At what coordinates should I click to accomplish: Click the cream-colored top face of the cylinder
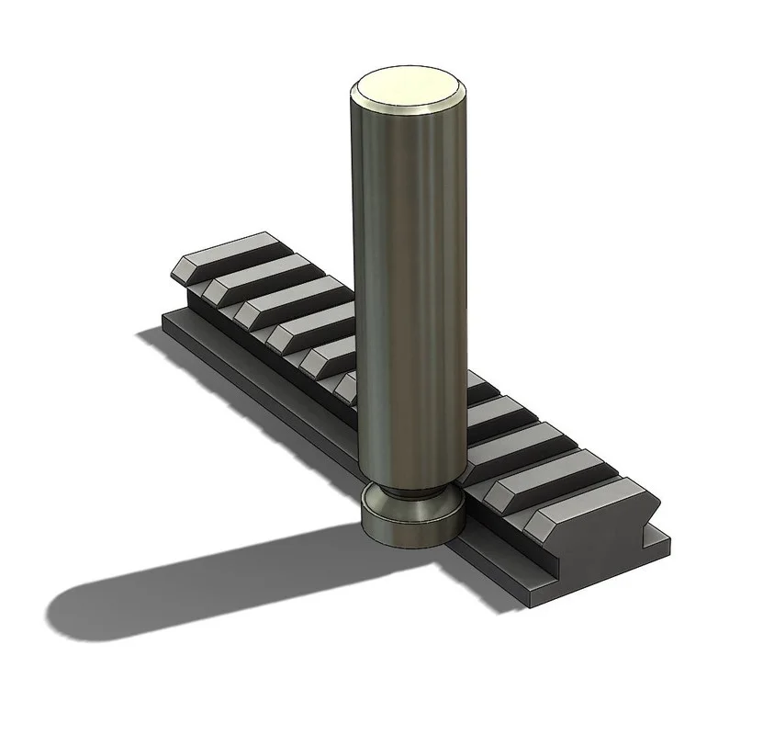(407, 89)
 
